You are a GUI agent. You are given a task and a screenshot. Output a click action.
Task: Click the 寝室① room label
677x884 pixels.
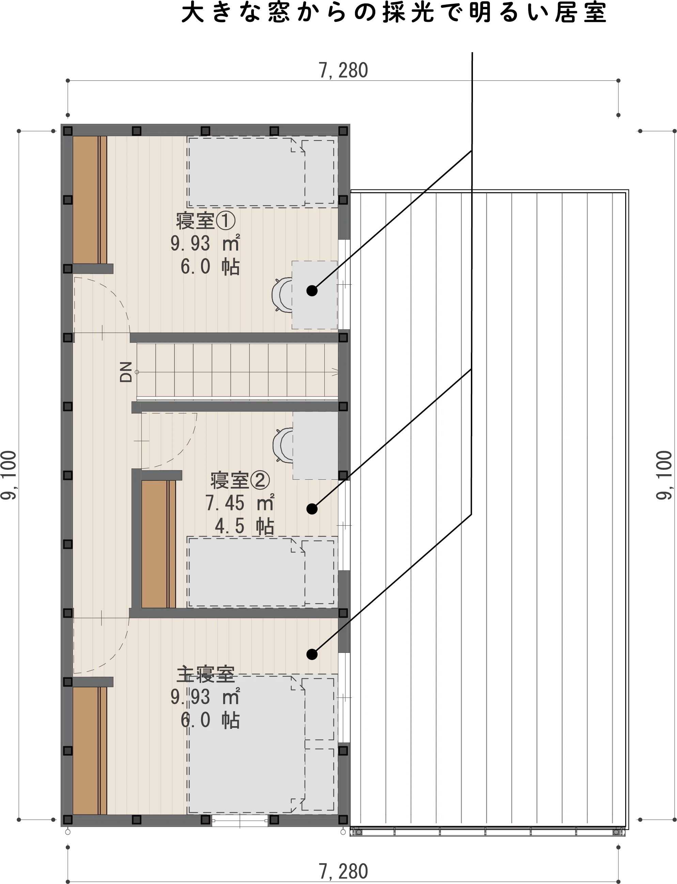205,221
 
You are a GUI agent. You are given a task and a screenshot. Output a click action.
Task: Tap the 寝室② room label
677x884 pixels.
240,480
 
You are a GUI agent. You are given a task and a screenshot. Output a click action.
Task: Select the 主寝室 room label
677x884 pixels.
205,674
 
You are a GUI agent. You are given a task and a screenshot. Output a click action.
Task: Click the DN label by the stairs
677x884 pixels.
126,372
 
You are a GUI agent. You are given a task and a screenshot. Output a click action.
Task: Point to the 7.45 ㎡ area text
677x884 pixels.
240,503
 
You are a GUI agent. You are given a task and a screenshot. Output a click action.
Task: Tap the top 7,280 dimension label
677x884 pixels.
343,71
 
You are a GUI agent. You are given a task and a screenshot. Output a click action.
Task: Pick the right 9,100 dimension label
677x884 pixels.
664,475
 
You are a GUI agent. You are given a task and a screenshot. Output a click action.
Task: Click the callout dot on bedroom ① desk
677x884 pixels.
312,291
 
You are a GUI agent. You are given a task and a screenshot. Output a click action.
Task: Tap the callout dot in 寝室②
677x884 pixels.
312,509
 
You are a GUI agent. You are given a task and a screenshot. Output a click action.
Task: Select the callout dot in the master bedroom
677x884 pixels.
312,654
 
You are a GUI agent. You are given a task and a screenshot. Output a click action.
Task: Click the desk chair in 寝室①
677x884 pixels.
282,295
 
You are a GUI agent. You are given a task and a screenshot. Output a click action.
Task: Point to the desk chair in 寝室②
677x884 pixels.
283,445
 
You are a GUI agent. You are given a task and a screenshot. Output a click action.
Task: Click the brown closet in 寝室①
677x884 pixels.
90,200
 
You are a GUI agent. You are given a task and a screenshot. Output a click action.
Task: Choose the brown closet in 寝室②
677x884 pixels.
159,544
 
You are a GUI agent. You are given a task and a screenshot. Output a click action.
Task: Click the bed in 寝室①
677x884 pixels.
262,172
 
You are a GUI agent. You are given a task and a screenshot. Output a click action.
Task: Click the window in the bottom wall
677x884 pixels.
240,820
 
